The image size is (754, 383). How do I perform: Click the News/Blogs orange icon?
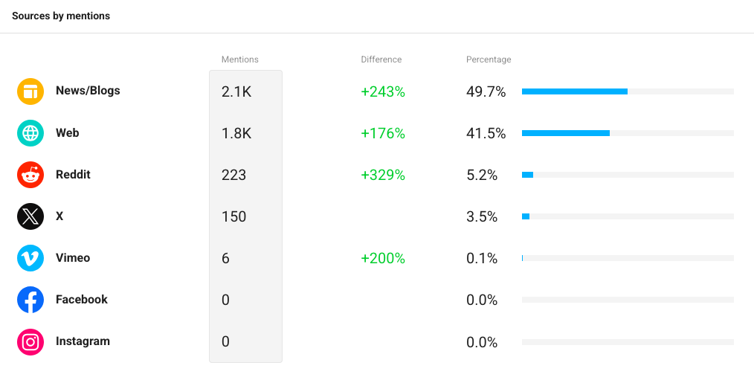tap(30, 91)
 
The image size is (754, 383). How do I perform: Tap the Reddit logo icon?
tap(30, 175)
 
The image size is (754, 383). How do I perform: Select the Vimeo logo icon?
tap(30, 258)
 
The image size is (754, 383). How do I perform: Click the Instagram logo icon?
tap(30, 341)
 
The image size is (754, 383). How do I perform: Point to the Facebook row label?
tap(82, 299)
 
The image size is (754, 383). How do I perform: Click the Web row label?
tap(68, 133)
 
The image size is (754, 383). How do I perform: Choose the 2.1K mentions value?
tap(236, 92)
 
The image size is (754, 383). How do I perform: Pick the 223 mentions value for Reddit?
tap(233, 176)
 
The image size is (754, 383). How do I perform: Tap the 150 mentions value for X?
tap(233, 216)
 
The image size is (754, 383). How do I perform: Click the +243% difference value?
tap(383, 92)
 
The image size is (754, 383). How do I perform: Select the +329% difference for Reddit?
tap(383, 176)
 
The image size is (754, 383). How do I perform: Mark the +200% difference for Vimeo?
tap(383, 258)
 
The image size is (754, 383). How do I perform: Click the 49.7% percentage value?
tap(486, 92)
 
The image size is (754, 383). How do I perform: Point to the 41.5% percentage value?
tap(486, 133)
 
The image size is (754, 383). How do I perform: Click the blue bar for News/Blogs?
tap(575, 91)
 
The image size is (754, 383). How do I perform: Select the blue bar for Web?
tap(566, 133)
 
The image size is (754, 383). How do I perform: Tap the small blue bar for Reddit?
tap(527, 175)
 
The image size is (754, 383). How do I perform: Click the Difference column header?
tap(381, 59)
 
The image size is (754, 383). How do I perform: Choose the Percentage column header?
tap(489, 59)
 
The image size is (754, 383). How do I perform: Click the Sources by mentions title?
tap(61, 16)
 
